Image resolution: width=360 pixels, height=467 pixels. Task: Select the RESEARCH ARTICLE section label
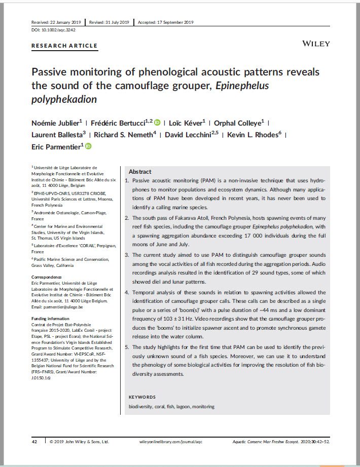64,46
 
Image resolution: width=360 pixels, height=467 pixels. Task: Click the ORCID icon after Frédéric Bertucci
158,122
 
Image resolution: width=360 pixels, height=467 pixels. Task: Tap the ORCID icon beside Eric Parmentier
88,147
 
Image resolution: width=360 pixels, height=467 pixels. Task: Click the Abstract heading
140,172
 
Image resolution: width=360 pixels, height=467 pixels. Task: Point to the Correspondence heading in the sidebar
47,277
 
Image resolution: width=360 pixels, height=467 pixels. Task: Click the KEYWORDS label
142,397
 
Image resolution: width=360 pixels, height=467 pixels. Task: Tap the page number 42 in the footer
34,442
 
